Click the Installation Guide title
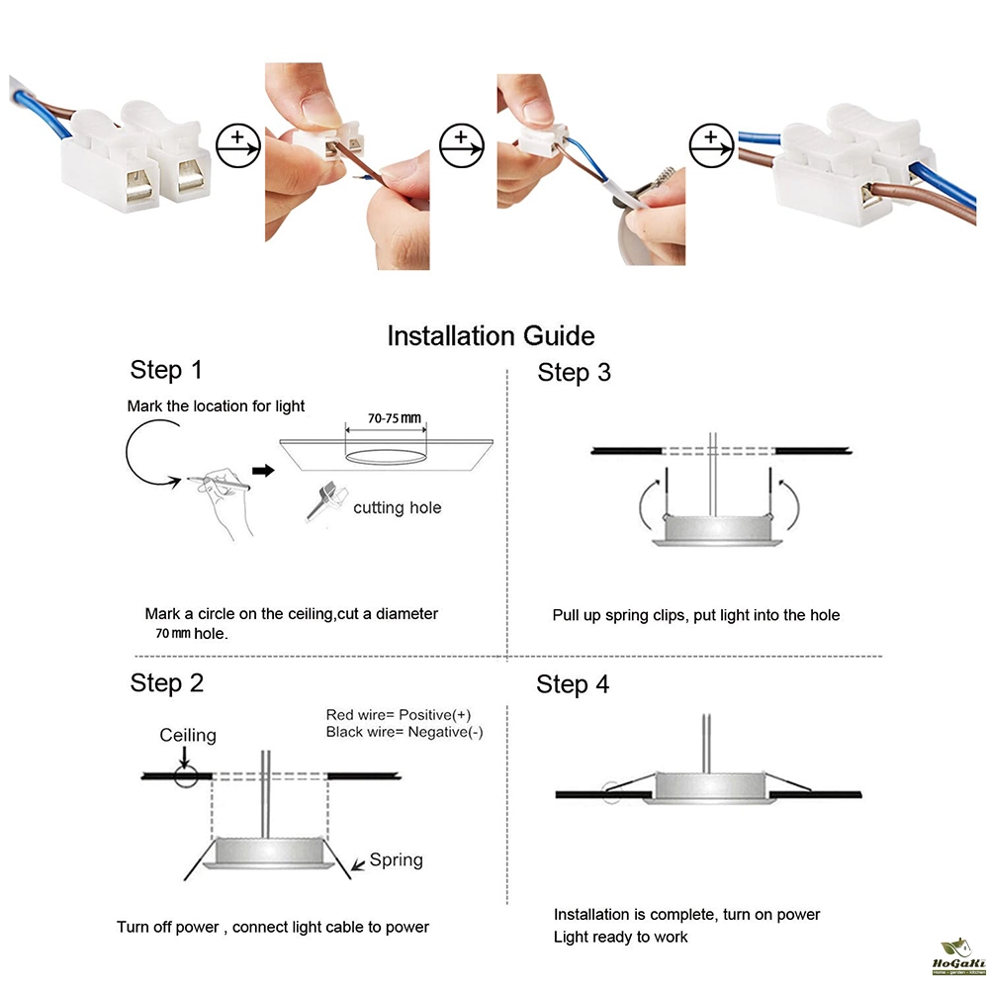(x=491, y=335)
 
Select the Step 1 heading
(x=166, y=371)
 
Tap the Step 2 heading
(x=167, y=683)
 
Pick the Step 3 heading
(x=574, y=373)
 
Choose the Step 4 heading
(x=573, y=684)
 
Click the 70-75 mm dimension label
(x=396, y=418)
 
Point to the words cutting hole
(x=398, y=508)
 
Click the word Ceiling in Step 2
(x=188, y=735)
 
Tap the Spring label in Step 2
(x=396, y=860)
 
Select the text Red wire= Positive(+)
(x=399, y=714)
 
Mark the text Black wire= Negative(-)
(x=405, y=732)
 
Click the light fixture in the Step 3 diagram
(x=712, y=531)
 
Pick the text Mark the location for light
(x=216, y=406)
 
